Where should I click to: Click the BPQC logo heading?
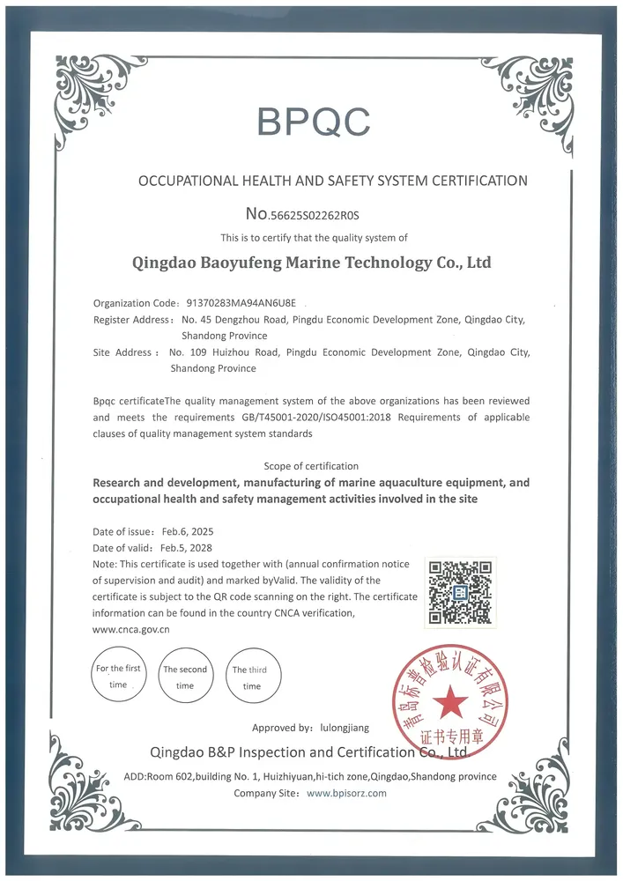(314, 122)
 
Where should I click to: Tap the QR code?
(459, 592)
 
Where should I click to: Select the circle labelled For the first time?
(118, 676)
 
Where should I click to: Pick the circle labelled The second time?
(185, 677)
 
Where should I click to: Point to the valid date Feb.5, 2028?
(186, 547)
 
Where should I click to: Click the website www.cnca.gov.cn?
(131, 629)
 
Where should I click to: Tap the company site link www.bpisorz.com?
(346, 793)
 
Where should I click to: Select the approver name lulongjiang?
(347, 728)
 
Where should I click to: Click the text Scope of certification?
(311, 465)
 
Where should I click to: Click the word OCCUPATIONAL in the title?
(189, 181)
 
